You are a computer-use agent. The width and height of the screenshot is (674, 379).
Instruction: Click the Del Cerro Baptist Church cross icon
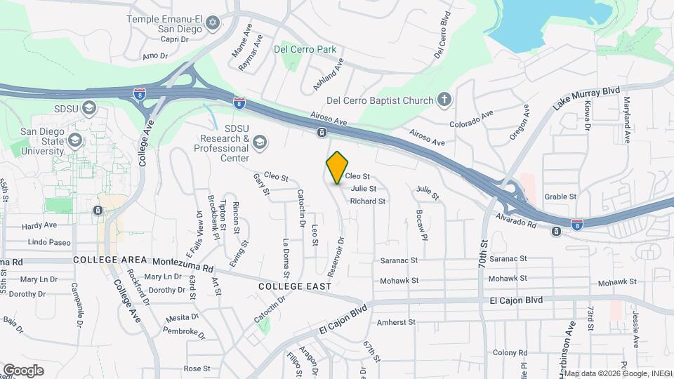coord(444,100)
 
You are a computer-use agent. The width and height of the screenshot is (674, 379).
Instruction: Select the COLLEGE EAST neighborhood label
coord(294,286)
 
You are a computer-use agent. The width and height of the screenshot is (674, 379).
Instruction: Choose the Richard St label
coord(368,201)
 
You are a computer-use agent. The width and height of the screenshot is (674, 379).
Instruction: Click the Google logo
coord(23,370)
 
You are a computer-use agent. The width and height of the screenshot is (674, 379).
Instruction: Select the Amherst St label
coord(397,323)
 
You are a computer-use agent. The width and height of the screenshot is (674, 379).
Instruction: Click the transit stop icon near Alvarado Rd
coord(556,231)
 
